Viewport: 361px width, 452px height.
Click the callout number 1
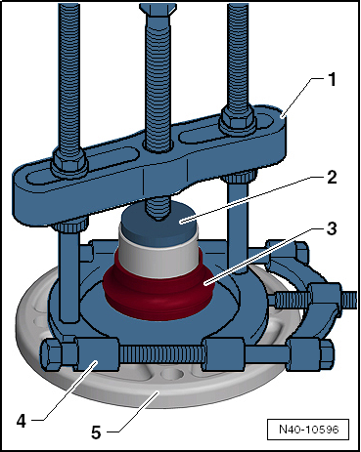332,80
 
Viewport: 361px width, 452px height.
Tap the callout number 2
332,178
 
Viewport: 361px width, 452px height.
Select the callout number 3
332,228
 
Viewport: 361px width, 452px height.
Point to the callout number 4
21,422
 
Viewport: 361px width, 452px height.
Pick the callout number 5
96,432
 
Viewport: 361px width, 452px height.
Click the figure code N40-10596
308,430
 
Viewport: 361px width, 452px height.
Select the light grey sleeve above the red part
158,257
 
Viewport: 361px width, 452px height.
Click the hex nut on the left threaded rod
69,160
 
